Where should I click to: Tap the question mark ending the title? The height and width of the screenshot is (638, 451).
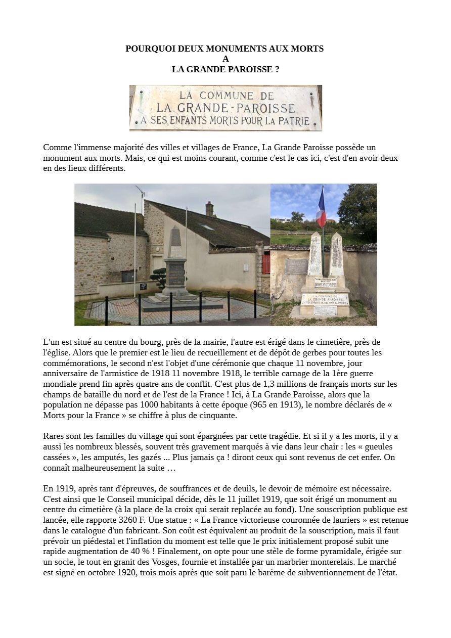click(277, 69)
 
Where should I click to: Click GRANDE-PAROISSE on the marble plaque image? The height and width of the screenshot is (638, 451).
click(225, 108)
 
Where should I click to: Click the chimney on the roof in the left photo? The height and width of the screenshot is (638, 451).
click(209, 208)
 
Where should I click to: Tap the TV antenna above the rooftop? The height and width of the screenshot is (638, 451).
click(140, 191)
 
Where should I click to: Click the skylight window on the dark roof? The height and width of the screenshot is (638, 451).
click(206, 227)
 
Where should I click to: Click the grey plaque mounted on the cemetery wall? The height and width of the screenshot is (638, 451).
click(296, 266)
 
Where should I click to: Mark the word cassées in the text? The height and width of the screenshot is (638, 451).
click(58, 458)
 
